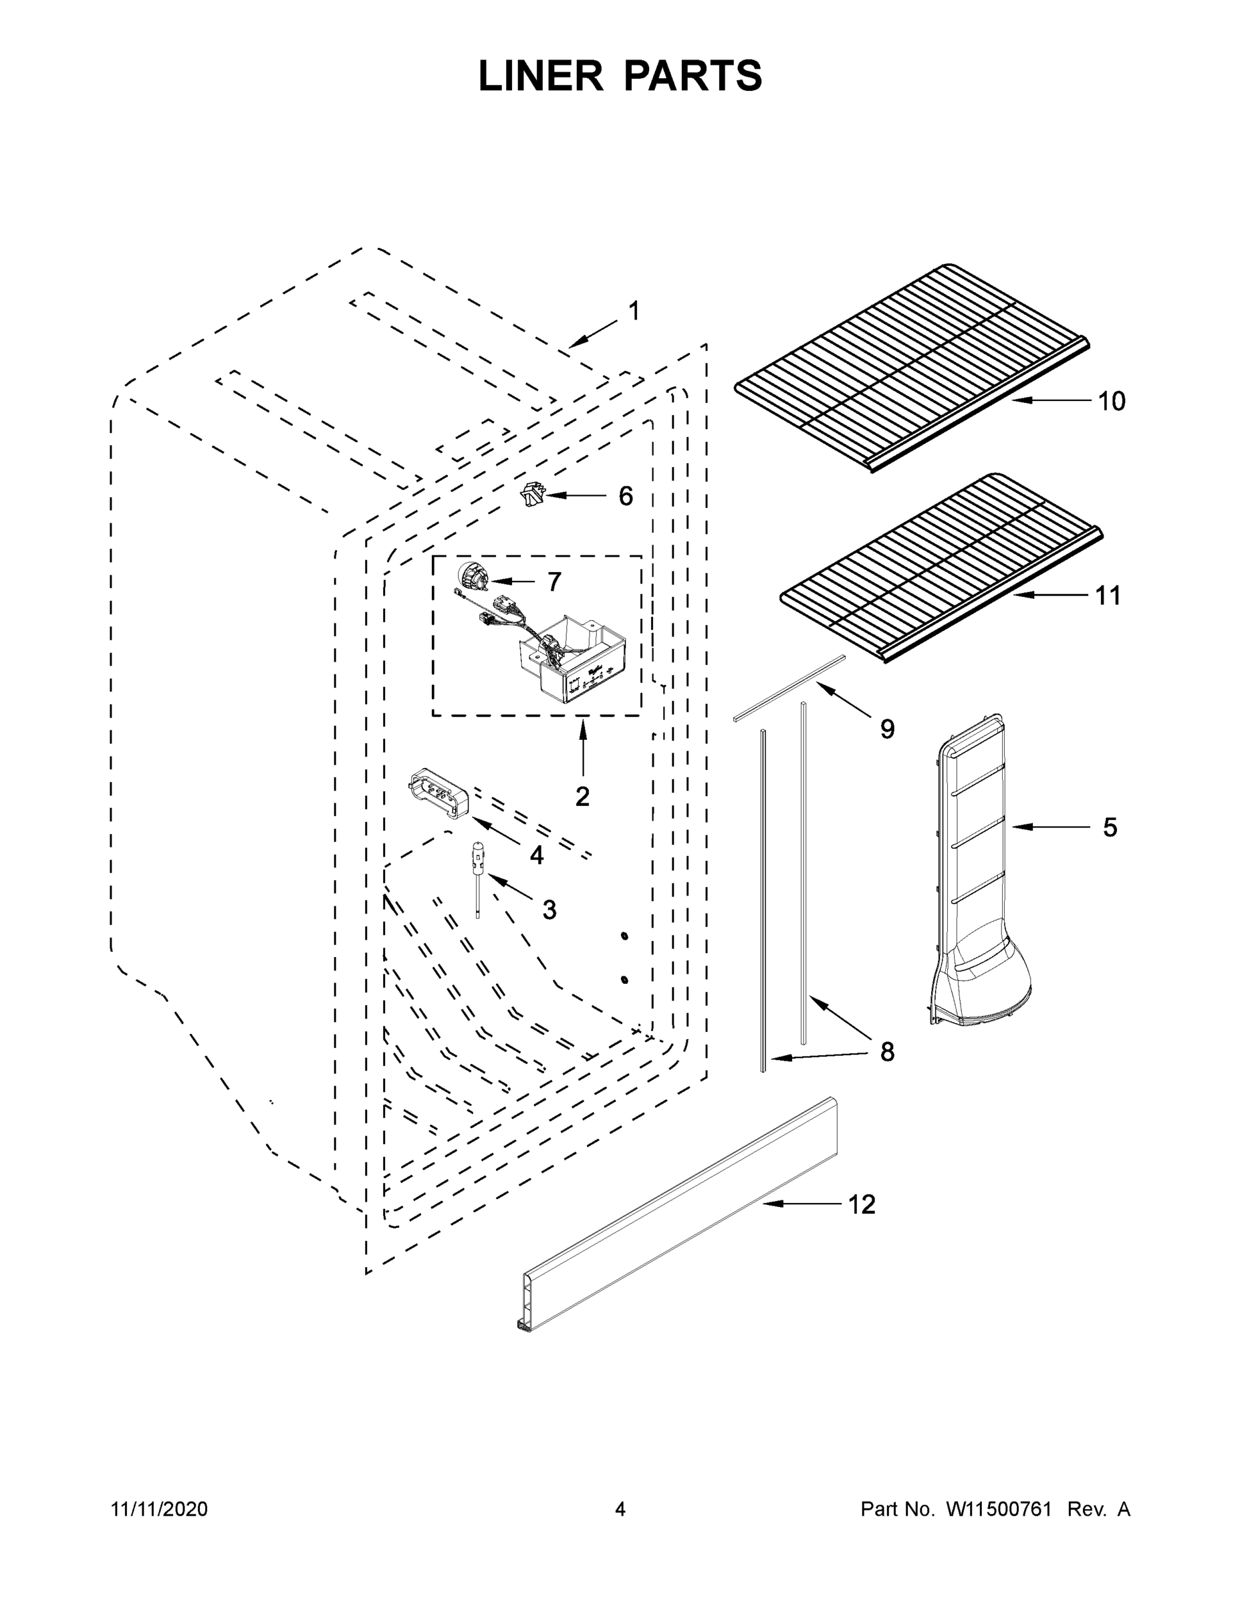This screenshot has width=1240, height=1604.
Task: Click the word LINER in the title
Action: [540, 76]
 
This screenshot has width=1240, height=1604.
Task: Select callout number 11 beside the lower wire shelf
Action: [1108, 595]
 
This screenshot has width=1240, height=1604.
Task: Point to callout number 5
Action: [1110, 827]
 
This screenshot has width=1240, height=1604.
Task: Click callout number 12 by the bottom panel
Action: [862, 1205]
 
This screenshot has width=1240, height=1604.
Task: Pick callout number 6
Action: [625, 497]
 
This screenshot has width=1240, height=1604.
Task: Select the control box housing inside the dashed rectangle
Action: [577, 665]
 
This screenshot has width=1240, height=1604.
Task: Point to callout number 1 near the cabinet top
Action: [634, 311]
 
